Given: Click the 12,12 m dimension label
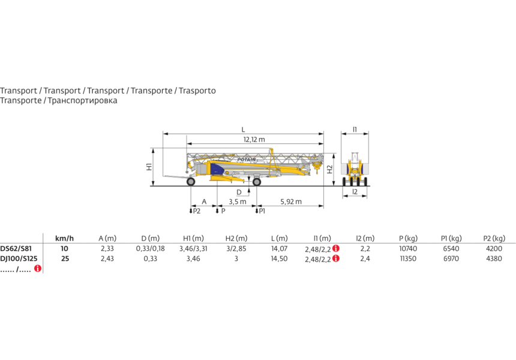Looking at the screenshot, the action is [254, 140].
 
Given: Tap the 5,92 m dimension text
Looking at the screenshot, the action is [291, 202].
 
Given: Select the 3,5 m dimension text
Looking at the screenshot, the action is [237, 202].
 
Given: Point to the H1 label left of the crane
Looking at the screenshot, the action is [149, 167].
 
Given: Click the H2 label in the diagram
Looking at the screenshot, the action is [330, 169].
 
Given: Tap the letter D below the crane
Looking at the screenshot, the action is [239, 192].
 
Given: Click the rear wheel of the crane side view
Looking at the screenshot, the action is [191, 181].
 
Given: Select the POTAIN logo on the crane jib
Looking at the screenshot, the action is [247, 160].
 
